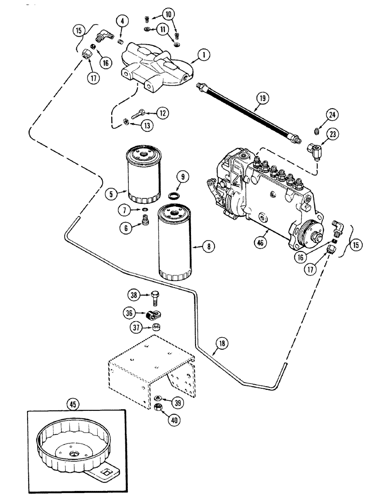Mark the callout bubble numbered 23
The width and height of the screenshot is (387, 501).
pyautogui.click(x=318, y=134)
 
